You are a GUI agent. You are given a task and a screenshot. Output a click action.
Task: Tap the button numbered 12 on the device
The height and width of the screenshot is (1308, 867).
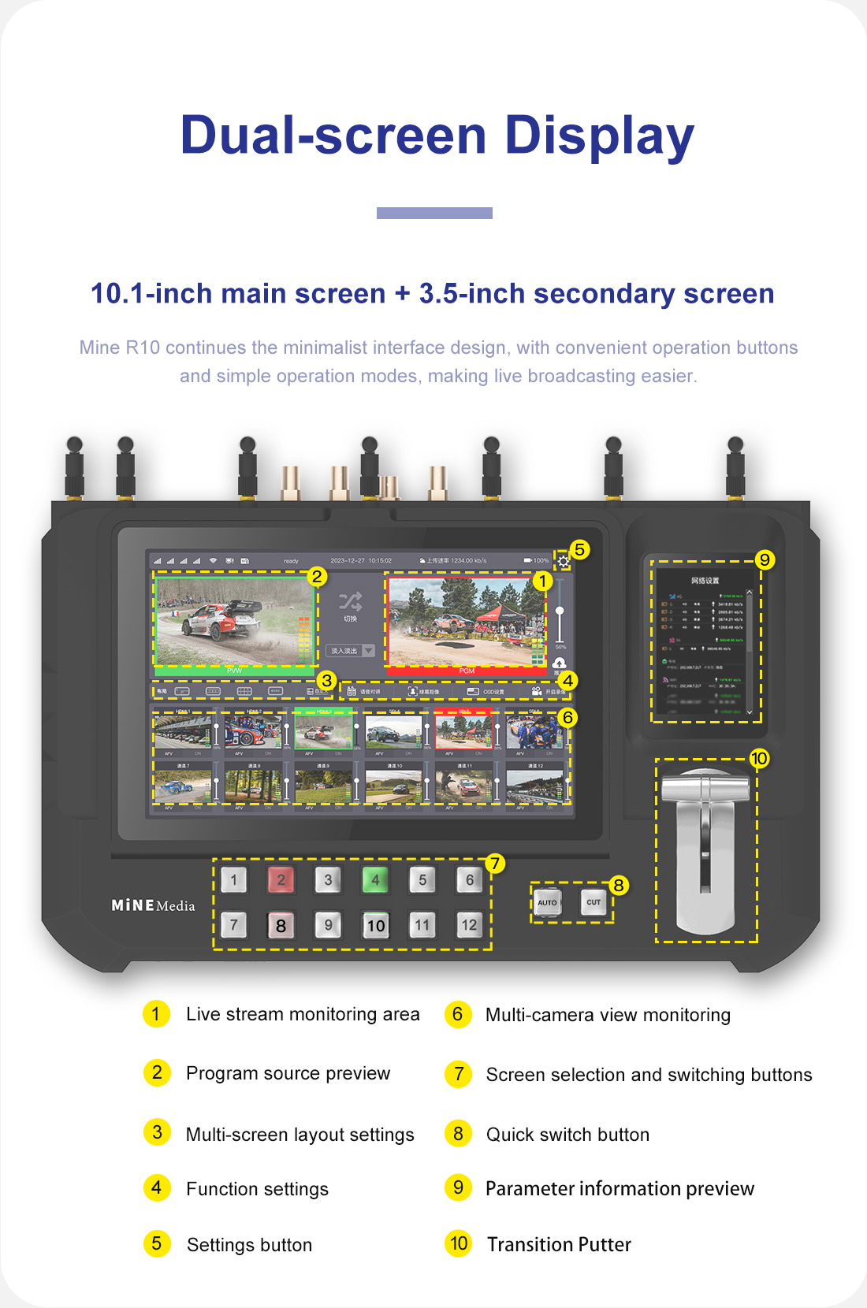click(469, 924)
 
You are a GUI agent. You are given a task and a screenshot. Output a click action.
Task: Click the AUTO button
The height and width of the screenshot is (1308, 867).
click(547, 902)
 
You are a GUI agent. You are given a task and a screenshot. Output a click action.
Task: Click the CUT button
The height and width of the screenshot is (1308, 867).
click(594, 902)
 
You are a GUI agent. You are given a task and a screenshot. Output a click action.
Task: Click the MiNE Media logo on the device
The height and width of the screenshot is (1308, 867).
click(153, 905)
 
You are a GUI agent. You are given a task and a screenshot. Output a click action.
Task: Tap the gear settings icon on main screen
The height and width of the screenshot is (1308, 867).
click(563, 562)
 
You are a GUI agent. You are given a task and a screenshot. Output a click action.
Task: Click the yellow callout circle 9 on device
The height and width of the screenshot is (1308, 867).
click(764, 560)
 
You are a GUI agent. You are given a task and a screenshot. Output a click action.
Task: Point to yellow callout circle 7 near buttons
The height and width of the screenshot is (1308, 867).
click(494, 864)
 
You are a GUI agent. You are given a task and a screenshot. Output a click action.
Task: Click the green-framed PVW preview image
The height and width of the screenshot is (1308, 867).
click(234, 621)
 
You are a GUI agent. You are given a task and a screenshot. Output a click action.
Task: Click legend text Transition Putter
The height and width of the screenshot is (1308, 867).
click(559, 1244)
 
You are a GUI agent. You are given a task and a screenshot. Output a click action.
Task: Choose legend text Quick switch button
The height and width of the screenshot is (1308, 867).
click(567, 1135)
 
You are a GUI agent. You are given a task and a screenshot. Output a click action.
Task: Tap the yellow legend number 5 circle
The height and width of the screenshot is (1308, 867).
click(157, 1243)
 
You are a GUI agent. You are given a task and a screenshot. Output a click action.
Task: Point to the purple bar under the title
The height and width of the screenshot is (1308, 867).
click(434, 213)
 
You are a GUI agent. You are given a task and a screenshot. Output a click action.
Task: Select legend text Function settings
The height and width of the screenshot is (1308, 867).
click(257, 1189)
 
